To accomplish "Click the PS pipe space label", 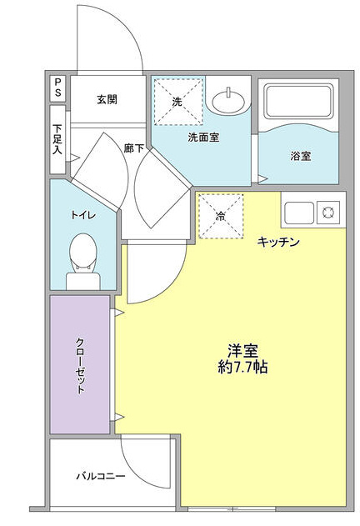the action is pyautogui.click(x=58, y=88).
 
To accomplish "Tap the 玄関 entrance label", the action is pyautogui.click(x=107, y=100).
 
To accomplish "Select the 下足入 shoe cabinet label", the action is pyautogui.click(x=57, y=139).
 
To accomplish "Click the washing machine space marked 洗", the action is pyautogui.click(x=178, y=102).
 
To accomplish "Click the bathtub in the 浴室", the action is pyautogui.click(x=298, y=100).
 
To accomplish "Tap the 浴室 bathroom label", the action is pyautogui.click(x=300, y=156).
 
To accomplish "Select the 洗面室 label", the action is pyautogui.click(x=203, y=138).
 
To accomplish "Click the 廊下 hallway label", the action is pyautogui.click(x=134, y=148).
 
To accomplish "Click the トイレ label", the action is pyautogui.click(x=83, y=215).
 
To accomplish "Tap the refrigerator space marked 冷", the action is pyautogui.click(x=221, y=217).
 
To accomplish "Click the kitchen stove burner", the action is pyautogui.click(x=327, y=213).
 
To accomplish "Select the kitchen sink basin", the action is pyautogui.click(x=299, y=213).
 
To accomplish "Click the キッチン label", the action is pyautogui.click(x=278, y=242).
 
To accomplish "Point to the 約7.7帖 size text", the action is pyautogui.click(x=242, y=368).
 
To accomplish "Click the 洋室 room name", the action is pyautogui.click(x=242, y=351).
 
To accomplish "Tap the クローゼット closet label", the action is pyautogui.click(x=80, y=366).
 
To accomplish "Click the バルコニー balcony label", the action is pyautogui.click(x=101, y=476).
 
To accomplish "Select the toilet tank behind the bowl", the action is pyautogui.click(x=82, y=281).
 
